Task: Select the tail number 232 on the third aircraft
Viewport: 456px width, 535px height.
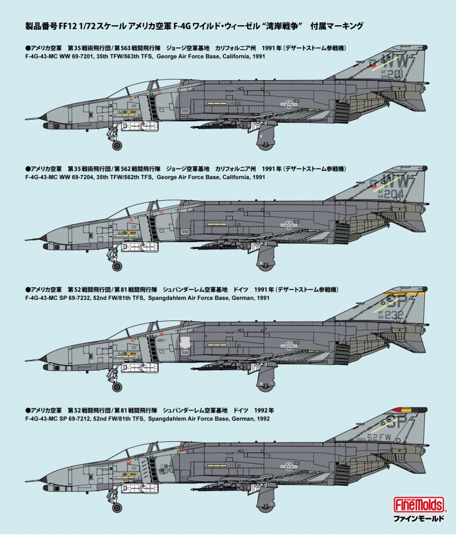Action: pyautogui.click(x=394, y=315)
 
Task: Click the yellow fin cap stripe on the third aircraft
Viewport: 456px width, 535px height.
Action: pyautogui.click(x=406, y=293)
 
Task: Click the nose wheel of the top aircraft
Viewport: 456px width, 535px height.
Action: pyautogui.click(x=117, y=145)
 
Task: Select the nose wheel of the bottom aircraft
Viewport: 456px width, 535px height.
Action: pyautogui.click(x=117, y=508)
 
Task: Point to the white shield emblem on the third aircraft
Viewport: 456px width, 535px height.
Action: pyautogui.click(x=184, y=343)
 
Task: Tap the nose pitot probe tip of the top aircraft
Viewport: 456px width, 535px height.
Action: pyautogui.click(x=26, y=120)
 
